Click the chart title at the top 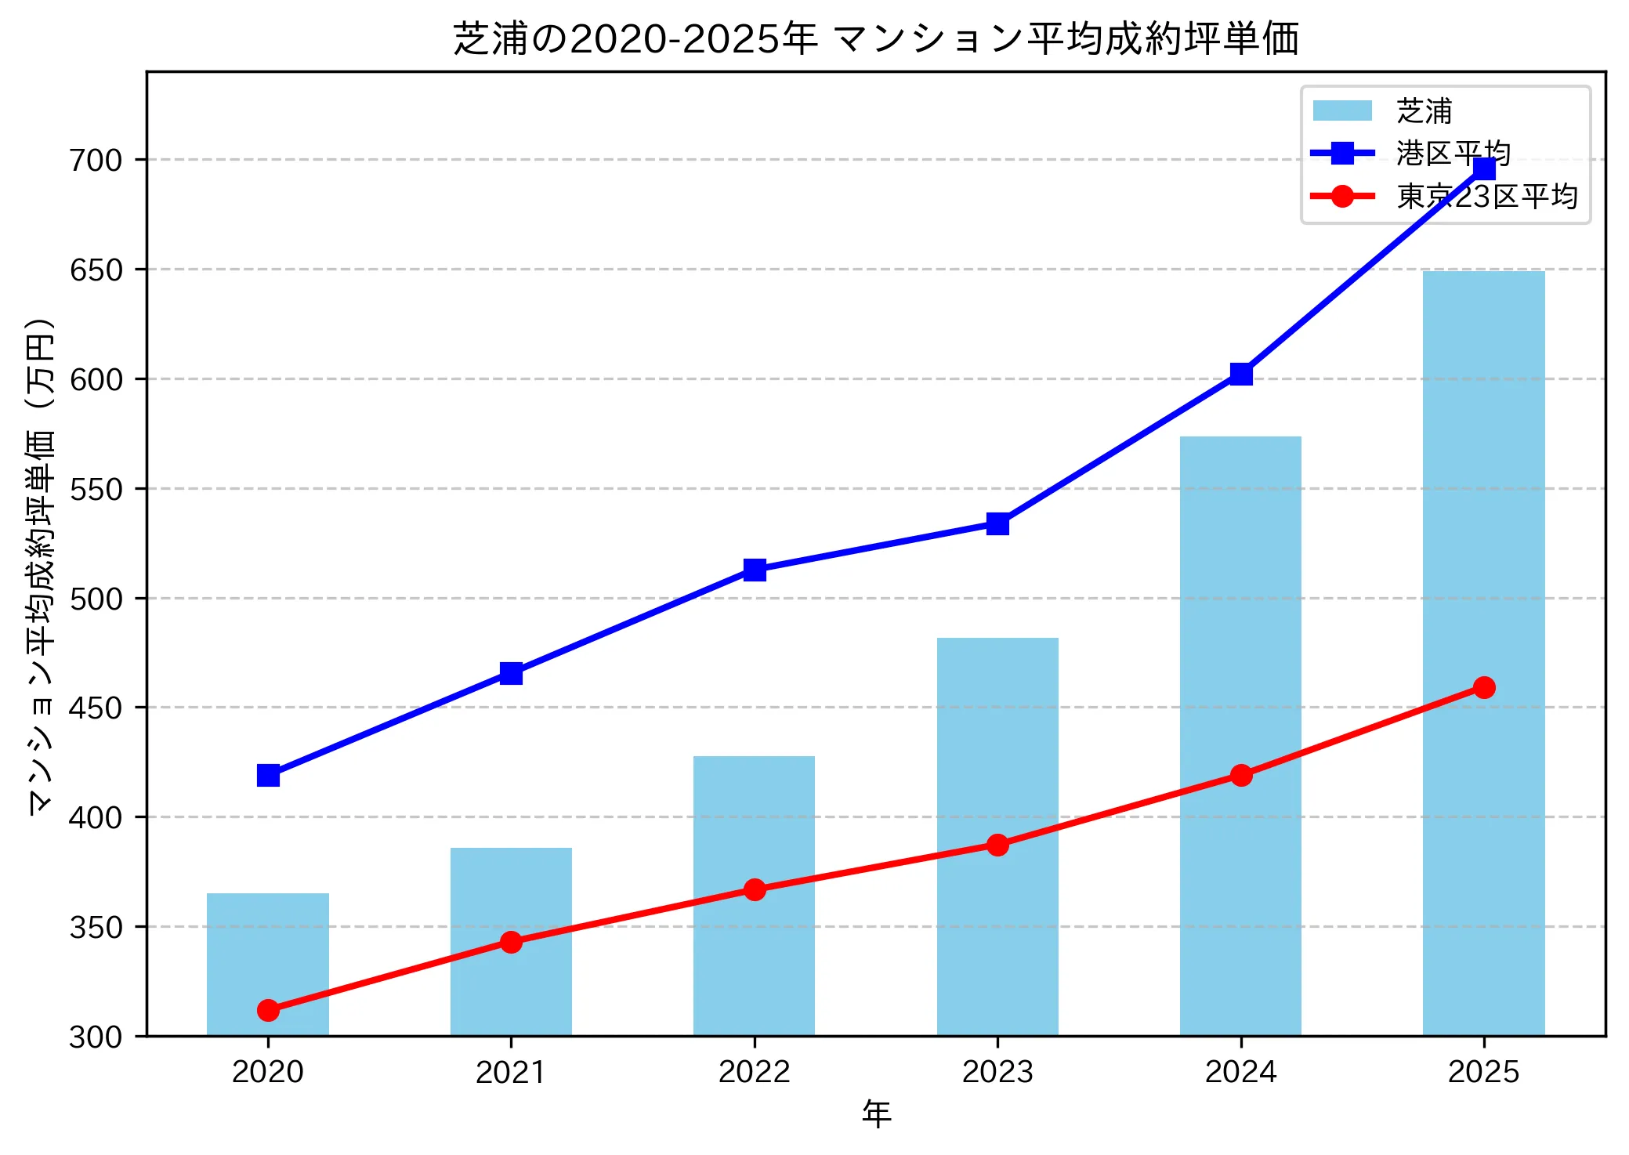point(876,39)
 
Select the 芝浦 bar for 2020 point(268,964)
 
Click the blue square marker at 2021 point(511,673)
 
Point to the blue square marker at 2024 point(1240,374)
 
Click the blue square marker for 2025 point(1483,168)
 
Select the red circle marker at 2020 point(268,1010)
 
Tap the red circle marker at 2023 point(997,845)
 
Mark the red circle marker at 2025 point(1483,687)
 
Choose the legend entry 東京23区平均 point(1486,196)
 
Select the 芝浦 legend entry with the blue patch point(1424,111)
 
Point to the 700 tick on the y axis point(96,160)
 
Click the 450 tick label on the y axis point(96,708)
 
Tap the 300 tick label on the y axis point(96,1037)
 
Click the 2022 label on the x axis point(754,1071)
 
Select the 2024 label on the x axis point(1240,1071)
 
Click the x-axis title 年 point(876,1113)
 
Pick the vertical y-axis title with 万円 point(41,566)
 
